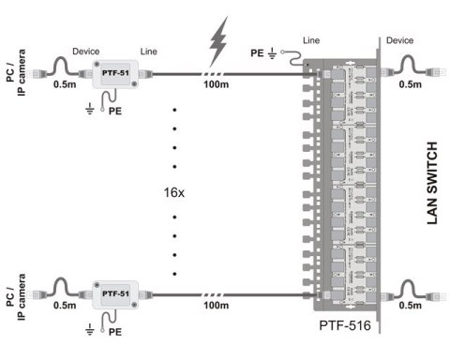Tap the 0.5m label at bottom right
(x=410, y=306)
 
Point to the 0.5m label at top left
(x=65, y=85)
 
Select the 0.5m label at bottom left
(x=65, y=306)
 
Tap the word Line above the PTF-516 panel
(x=311, y=41)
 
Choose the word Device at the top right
(x=399, y=40)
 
